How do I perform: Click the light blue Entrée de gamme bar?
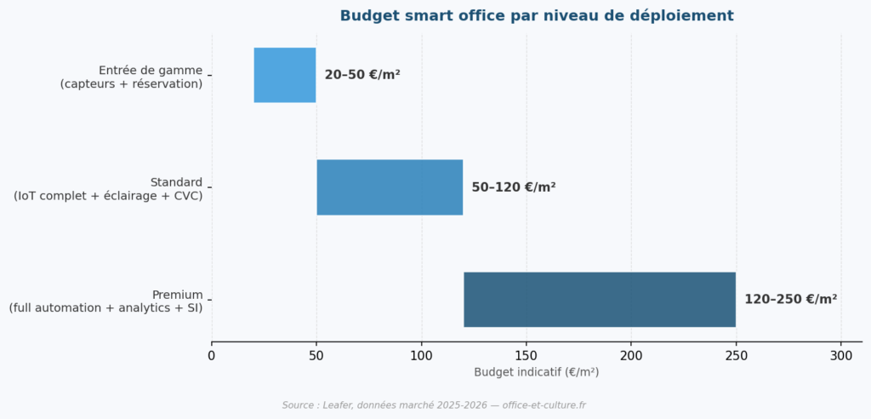(285, 75)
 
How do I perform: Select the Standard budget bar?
(390, 187)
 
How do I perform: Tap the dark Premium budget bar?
(599, 300)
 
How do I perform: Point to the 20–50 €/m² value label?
(362, 75)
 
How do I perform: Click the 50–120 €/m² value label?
(514, 187)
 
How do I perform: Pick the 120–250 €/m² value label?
(790, 300)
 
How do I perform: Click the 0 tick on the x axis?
(212, 355)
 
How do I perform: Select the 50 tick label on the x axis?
(316, 355)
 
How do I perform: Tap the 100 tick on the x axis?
(421, 355)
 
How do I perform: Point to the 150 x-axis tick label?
(527, 355)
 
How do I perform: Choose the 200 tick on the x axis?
(631, 355)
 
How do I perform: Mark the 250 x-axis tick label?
(736, 355)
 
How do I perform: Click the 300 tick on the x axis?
(841, 355)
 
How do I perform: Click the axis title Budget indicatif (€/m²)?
(536, 372)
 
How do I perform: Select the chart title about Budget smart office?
(536, 16)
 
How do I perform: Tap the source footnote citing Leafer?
(434, 405)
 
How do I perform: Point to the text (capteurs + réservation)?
(131, 83)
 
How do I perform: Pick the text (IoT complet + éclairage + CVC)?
(108, 196)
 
